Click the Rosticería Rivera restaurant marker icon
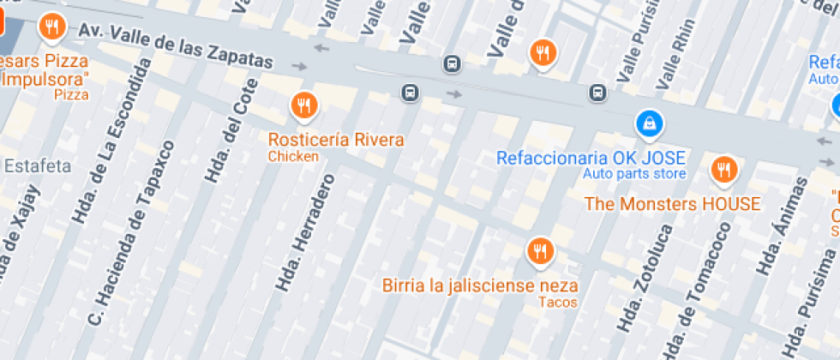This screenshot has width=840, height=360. click(303, 106)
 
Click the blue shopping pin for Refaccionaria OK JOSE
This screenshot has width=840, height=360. click(650, 123)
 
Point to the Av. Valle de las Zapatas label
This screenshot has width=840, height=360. click(176, 45)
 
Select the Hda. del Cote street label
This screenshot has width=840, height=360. click(231, 130)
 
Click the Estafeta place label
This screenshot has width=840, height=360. click(38, 166)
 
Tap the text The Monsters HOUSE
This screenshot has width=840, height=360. click(672, 204)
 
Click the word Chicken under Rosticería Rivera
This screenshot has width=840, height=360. click(293, 156)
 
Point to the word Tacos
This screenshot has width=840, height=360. click(558, 302)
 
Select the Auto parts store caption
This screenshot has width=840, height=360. click(634, 174)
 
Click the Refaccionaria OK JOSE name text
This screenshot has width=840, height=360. click(591, 158)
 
